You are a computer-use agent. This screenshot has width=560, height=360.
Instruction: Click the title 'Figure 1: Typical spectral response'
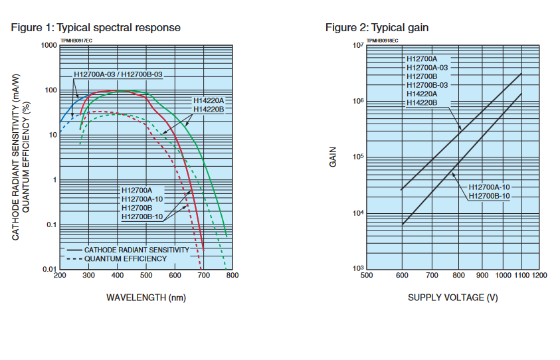96,28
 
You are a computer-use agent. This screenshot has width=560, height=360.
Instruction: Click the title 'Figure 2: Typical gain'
377,28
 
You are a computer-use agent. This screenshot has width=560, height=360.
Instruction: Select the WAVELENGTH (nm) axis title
145,297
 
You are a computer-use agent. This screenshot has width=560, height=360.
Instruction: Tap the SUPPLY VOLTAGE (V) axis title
452,297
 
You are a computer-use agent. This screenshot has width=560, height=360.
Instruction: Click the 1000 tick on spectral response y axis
47,45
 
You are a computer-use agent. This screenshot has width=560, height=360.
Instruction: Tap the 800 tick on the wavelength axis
233,276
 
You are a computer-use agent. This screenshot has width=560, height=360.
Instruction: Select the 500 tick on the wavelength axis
145,276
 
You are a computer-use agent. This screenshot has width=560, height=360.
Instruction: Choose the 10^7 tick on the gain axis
358,45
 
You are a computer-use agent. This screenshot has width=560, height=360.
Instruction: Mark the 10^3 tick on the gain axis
358,268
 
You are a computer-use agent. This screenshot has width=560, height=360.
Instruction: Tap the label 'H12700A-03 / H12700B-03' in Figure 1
118,74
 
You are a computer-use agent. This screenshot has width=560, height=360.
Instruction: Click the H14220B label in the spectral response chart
208,109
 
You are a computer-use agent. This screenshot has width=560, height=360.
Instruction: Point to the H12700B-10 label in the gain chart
490,196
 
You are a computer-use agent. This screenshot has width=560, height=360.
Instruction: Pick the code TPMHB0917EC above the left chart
77,41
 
